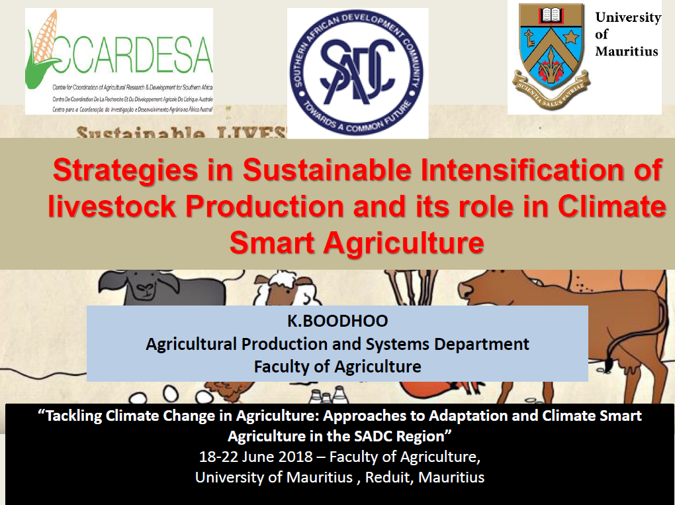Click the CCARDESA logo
tap(119, 61)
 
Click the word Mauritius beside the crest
tap(627, 51)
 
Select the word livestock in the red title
tap(111, 207)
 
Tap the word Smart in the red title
tap(271, 243)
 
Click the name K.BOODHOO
tap(337, 321)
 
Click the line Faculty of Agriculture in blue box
tap(337, 366)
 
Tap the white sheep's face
tap(273, 292)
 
